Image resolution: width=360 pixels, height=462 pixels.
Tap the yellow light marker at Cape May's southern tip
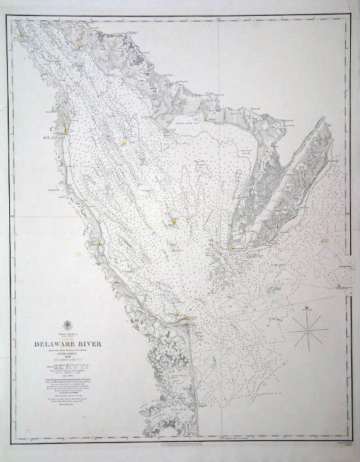point(233,247)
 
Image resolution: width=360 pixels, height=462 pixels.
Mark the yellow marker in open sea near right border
point(325,243)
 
